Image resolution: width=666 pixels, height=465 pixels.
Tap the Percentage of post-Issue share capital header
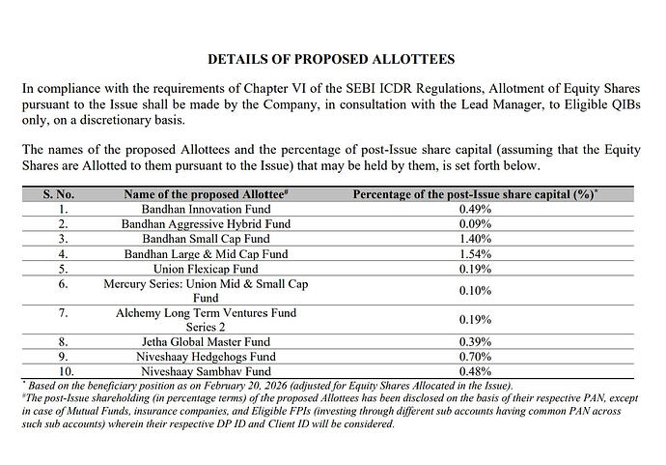tap(475, 193)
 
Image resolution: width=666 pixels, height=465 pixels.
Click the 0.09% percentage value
tap(475, 223)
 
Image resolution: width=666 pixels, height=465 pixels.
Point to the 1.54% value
tap(475, 253)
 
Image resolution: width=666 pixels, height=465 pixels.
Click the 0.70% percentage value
tap(475, 358)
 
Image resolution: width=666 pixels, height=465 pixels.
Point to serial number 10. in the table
tap(64, 372)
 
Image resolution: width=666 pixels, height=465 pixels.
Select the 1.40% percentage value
tap(475, 238)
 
